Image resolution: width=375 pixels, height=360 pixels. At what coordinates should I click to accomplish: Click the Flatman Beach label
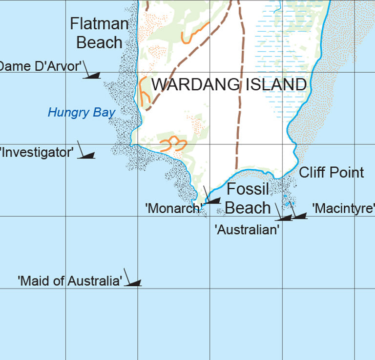click(x=99, y=33)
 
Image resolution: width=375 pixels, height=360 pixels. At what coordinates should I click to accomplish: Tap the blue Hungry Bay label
click(x=82, y=113)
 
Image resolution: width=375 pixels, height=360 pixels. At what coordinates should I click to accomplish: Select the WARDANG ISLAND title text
click(x=229, y=85)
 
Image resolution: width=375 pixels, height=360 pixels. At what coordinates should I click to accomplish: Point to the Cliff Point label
click(x=331, y=172)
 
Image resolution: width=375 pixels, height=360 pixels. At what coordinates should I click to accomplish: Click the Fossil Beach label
click(x=248, y=199)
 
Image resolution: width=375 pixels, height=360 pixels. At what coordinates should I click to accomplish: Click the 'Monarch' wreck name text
click(x=174, y=208)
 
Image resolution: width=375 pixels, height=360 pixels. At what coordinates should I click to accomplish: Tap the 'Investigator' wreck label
click(x=37, y=152)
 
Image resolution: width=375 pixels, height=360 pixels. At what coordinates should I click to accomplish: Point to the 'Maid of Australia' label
click(x=70, y=281)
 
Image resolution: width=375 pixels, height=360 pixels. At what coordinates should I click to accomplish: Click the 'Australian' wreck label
click(x=247, y=229)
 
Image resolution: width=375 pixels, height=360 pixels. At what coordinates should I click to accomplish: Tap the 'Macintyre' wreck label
click(x=343, y=209)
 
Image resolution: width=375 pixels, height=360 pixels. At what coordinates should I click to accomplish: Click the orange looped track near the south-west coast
click(x=173, y=144)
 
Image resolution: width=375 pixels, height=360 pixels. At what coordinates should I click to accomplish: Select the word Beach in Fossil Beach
click(x=248, y=207)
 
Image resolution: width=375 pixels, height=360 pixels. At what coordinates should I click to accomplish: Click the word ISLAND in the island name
click(x=275, y=85)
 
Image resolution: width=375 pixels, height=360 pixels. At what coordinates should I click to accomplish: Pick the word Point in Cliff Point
click(x=347, y=172)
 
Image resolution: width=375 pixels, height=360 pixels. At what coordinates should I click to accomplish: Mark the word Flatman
click(x=99, y=23)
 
